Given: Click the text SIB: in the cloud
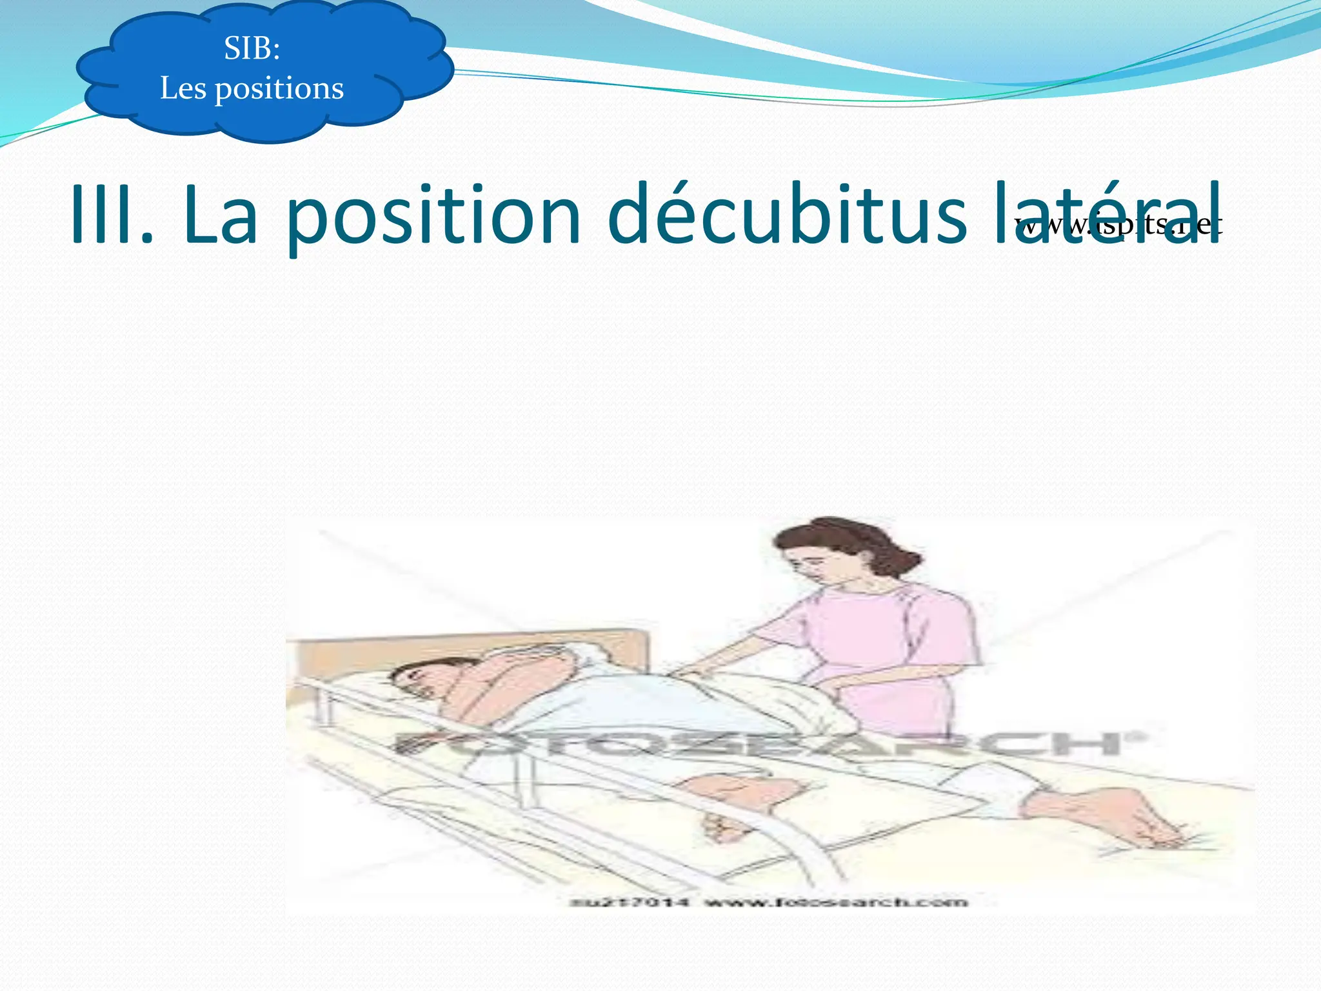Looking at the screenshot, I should pyautogui.click(x=252, y=48).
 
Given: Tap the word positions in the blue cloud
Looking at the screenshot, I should pyautogui.click(x=279, y=89).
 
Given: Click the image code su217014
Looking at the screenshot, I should pyautogui.click(x=629, y=901).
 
